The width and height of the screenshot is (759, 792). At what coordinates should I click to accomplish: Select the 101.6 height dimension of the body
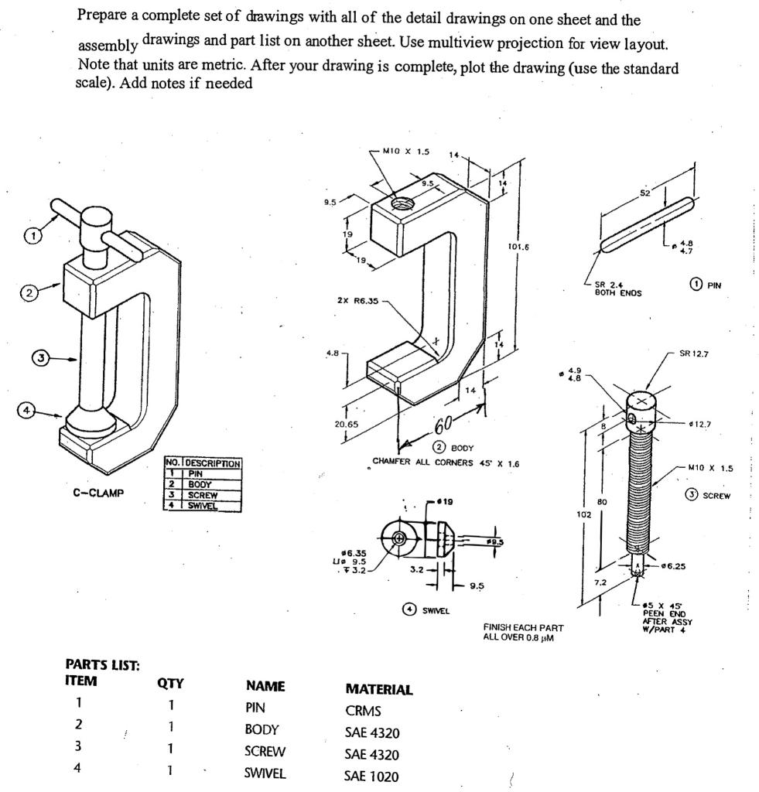click(x=518, y=247)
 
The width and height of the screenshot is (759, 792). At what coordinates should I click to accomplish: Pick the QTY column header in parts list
click(x=169, y=683)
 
